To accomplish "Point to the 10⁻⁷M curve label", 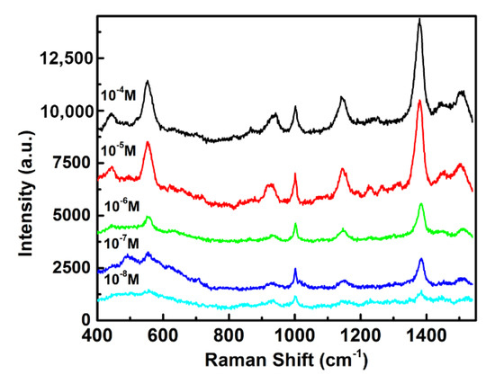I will (x=121, y=243).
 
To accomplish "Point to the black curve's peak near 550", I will (x=147, y=82).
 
